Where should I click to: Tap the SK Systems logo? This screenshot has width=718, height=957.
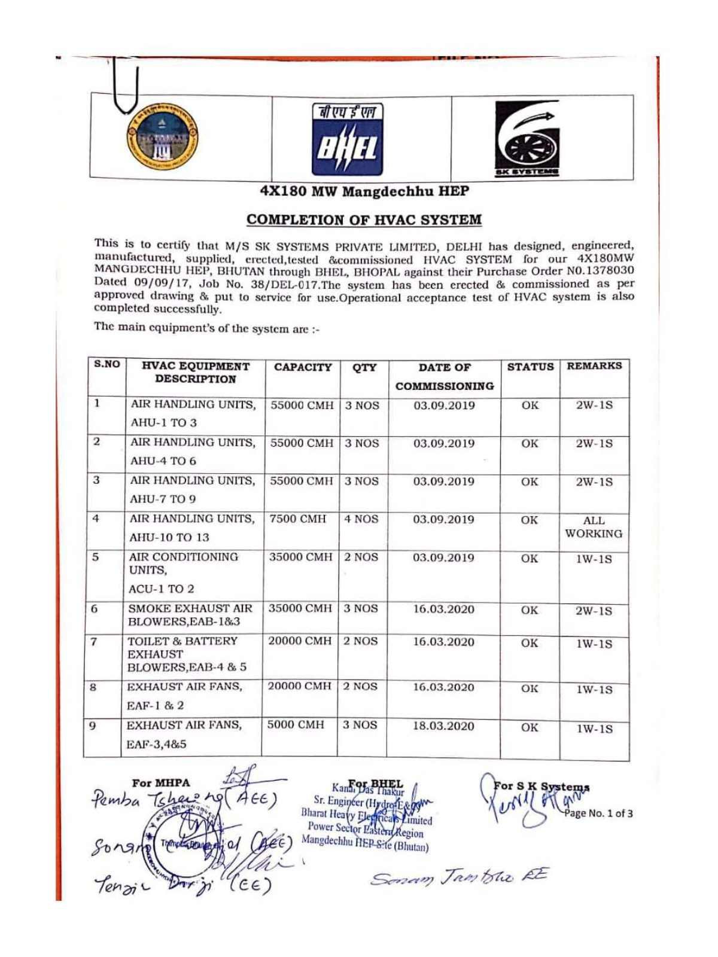click(x=527, y=139)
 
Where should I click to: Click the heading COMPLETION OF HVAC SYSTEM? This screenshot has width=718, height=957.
click(x=364, y=220)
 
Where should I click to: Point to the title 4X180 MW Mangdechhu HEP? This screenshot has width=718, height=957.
click(x=364, y=191)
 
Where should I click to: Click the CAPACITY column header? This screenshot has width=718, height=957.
click(x=303, y=367)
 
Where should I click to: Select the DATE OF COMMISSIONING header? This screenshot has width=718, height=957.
click(x=444, y=377)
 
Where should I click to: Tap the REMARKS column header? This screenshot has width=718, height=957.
click(x=594, y=365)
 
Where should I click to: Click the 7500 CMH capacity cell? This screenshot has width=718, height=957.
click(x=297, y=519)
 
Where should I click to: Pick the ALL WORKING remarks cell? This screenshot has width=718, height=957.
click(x=594, y=527)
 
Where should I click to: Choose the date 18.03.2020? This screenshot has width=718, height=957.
click(x=443, y=726)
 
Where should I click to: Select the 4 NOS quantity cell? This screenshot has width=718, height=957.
click(x=361, y=519)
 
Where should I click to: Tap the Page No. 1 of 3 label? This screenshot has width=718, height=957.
click(x=598, y=813)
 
